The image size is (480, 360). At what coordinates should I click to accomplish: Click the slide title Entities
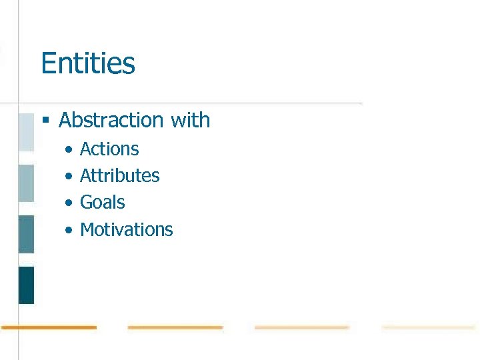pos(88,64)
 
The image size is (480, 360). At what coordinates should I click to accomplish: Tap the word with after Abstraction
pos(191,120)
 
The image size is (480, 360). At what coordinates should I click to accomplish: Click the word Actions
pos(109,149)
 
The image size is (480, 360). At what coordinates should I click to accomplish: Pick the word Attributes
pos(120,175)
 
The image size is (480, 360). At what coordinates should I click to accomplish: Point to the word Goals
pos(103,202)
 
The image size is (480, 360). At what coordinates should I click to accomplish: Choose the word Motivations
pos(127,229)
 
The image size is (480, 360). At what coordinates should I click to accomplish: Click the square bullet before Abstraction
pos(46,121)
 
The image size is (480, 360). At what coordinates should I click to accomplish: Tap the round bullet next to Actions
pos(69,150)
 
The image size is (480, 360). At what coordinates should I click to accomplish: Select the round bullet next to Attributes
pos(69,177)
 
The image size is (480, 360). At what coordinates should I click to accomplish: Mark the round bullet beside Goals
pos(69,203)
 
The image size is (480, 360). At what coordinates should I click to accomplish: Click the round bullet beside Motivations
pos(69,231)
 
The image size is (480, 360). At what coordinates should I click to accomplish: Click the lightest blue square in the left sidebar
pos(26,132)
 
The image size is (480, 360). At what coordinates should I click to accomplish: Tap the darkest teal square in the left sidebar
pos(26,285)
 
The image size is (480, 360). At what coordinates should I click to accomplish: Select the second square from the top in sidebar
pos(26,183)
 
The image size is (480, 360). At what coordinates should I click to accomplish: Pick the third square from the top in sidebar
pos(26,234)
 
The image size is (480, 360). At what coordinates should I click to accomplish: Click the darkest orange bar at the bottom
pos(49,327)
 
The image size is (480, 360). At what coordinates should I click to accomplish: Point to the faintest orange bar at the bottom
pos(428,327)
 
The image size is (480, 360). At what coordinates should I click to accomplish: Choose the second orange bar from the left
pos(175,327)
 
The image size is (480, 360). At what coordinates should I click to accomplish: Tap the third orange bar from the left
pos(302,327)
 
